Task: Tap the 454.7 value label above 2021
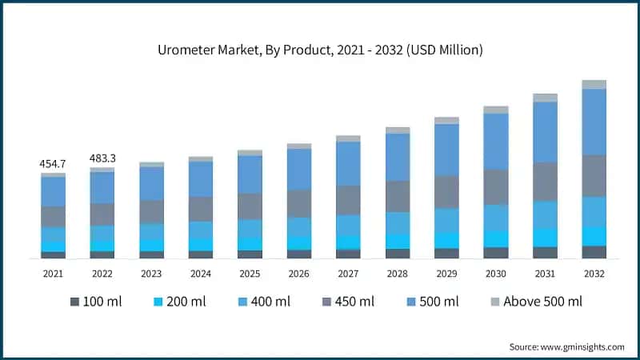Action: [x=53, y=164]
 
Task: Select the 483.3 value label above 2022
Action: [x=102, y=158]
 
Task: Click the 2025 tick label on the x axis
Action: [x=250, y=274]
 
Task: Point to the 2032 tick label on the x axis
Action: [x=594, y=274]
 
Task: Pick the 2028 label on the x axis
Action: [x=398, y=274]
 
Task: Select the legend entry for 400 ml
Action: [x=265, y=302]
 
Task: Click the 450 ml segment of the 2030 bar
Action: [x=496, y=187]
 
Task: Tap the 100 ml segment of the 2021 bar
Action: [x=53, y=254]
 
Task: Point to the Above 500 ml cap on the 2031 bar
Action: [x=545, y=98]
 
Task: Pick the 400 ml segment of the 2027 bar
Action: [x=348, y=226]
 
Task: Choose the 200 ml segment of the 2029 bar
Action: [x=446, y=240]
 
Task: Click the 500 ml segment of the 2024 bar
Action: [x=201, y=179]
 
